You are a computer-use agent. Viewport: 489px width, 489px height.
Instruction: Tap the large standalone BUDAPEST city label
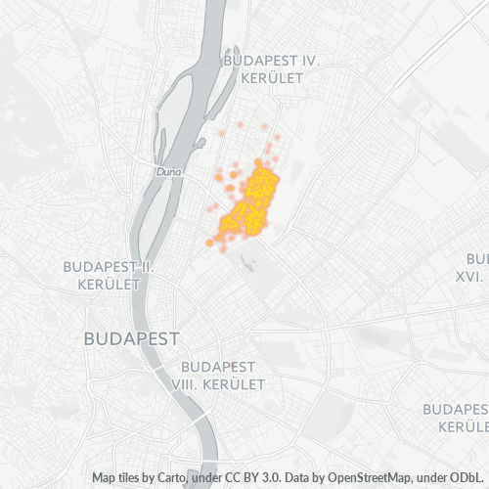pos(132,339)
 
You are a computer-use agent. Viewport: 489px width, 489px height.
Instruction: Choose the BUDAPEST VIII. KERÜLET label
pos(217,376)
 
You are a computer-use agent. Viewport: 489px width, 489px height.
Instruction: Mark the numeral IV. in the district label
pos(309,60)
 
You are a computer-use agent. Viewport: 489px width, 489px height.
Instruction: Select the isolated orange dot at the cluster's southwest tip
pos(209,242)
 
